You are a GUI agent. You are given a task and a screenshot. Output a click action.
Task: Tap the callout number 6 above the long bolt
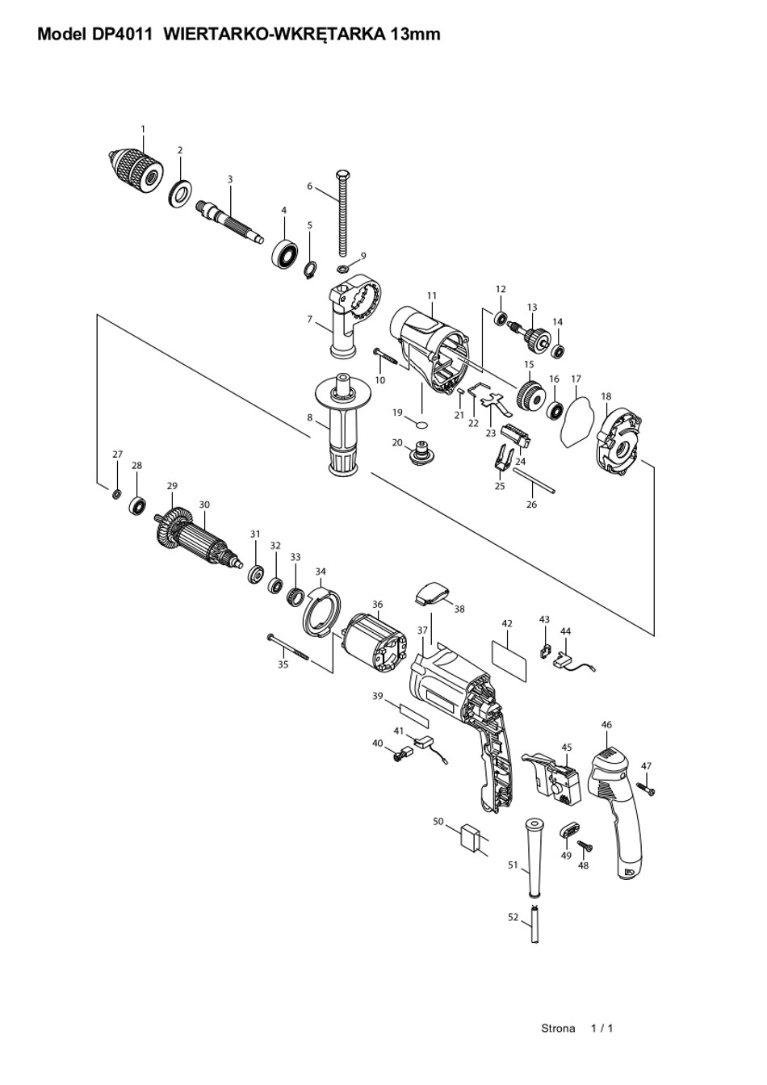coord(309,186)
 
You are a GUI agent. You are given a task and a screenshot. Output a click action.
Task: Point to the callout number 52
coord(513,917)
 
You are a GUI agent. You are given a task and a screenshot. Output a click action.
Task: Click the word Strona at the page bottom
coord(558,1028)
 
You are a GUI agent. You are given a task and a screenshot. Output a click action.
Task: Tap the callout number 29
coord(172,486)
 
